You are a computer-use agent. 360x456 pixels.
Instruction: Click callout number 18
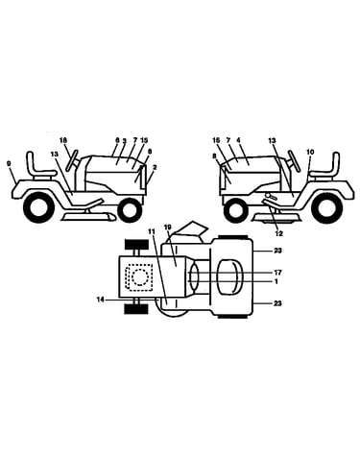[63, 140]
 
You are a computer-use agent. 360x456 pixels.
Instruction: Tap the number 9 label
[9, 163]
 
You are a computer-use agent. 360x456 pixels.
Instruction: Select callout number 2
[155, 167]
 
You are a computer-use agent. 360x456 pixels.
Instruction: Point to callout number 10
[310, 152]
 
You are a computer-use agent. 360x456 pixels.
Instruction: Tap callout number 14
[101, 300]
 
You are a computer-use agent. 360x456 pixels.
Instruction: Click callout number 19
[168, 228]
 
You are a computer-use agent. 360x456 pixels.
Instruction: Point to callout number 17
[277, 273]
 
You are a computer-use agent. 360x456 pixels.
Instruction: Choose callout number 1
[276, 281]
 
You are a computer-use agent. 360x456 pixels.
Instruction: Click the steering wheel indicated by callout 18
[73, 159]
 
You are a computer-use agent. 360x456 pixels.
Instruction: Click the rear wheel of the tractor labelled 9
[37, 207]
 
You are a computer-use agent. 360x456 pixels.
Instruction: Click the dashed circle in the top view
[139, 276]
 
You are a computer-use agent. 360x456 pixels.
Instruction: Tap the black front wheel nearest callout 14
[135, 309]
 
